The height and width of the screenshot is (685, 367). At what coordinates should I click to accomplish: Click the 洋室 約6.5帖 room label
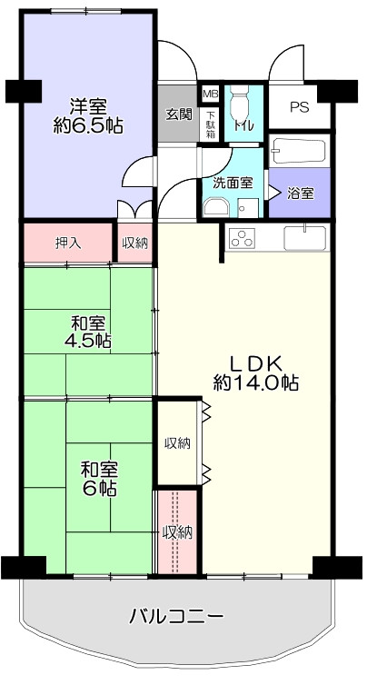pyautogui.click(x=88, y=116)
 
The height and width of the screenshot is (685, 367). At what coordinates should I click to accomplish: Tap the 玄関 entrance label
pyautogui.click(x=179, y=114)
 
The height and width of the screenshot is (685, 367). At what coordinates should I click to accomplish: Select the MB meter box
pyautogui.click(x=211, y=94)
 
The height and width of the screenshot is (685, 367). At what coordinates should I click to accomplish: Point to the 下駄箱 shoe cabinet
pyautogui.click(x=211, y=124)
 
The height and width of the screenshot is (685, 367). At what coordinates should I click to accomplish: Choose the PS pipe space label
pyautogui.click(x=299, y=107)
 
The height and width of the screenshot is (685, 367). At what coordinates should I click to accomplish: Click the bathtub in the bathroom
pyautogui.click(x=299, y=151)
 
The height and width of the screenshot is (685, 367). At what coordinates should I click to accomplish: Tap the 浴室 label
pyautogui.click(x=300, y=194)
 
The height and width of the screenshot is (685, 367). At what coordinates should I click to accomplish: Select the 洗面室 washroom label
pyautogui.click(x=233, y=184)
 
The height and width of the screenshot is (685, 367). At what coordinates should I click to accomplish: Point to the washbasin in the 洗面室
pyautogui.click(x=216, y=207)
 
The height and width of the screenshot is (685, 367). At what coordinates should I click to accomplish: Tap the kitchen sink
pyautogui.click(x=305, y=238)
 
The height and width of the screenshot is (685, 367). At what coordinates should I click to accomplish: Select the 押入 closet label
pyautogui.click(x=68, y=243)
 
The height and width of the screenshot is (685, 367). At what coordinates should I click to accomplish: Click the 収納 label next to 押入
pyautogui.click(x=135, y=243)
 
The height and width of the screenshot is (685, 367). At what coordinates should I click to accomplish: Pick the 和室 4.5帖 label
pyautogui.click(x=88, y=332)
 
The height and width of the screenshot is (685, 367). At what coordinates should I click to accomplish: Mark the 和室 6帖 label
pyautogui.click(x=99, y=480)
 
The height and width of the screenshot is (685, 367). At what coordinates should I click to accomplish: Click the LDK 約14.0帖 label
pyautogui.click(x=256, y=373)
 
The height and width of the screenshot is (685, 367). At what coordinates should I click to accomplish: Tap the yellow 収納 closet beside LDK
pyautogui.click(x=177, y=442)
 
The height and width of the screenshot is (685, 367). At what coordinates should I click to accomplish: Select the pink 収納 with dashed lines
pyautogui.click(x=177, y=532)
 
